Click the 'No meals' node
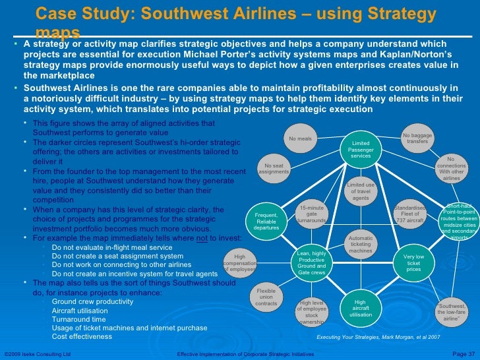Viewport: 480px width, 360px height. (300, 139)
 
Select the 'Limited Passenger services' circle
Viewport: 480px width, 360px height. (361, 149)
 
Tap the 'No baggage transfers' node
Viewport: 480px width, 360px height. (417, 138)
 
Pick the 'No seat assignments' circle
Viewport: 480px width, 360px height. (274, 168)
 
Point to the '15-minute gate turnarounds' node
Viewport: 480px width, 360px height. (312, 214)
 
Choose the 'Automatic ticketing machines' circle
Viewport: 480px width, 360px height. (361, 245)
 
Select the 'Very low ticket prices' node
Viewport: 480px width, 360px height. (414, 262)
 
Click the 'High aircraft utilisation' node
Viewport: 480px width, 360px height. (361, 308)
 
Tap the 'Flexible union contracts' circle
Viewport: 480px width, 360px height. (266, 299)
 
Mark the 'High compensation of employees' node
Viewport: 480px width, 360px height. (239, 263)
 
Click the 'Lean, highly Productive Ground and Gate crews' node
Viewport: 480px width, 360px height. (312, 262)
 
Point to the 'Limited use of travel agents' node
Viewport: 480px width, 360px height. (361, 192)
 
